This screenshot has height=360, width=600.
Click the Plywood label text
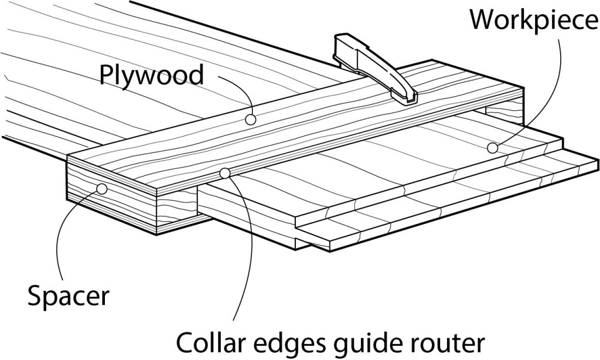coord(151,76)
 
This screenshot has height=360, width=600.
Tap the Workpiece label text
coord(534,19)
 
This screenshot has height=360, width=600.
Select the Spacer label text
coord(68,296)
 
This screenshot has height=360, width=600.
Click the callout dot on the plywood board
coord(251,119)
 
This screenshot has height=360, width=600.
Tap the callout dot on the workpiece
coord(492,148)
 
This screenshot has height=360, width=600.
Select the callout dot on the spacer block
coord(102,189)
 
